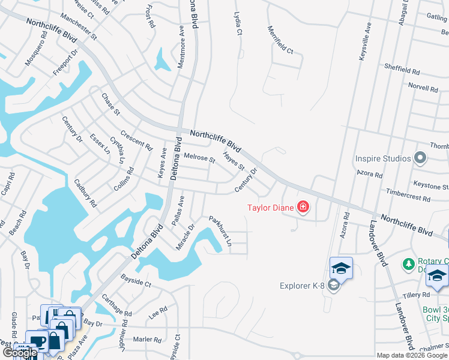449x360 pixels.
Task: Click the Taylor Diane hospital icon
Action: pyautogui.click(x=303, y=208)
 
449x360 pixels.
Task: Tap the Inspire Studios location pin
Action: pyautogui.click(x=420, y=158)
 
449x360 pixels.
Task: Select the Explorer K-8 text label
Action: pyautogui.click(x=302, y=286)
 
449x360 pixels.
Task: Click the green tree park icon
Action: pyautogui.click(x=409, y=264)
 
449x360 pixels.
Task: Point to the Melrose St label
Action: pyautogui.click(x=199, y=158)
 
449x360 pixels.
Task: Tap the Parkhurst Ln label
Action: pyautogui.click(x=220, y=231)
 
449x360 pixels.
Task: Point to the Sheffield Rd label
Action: pyautogui.click(x=402, y=71)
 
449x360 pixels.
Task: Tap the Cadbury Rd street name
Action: pyautogui.click(x=85, y=193)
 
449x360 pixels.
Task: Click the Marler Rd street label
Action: pyautogui.click(x=147, y=339)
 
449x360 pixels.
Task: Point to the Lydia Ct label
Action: pyautogui.click(x=238, y=25)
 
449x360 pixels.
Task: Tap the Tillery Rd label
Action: pyautogui.click(x=417, y=295)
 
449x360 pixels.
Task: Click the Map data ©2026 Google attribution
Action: pyautogui.click(x=412, y=355)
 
